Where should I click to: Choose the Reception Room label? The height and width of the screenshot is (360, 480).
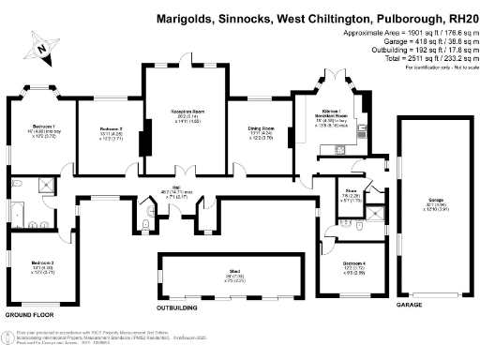click(185, 112)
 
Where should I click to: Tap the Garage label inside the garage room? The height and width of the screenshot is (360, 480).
click(436, 200)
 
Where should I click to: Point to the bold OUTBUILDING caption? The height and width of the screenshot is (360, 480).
click(182, 307)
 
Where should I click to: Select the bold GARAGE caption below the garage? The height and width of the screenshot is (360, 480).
click(409, 305)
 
